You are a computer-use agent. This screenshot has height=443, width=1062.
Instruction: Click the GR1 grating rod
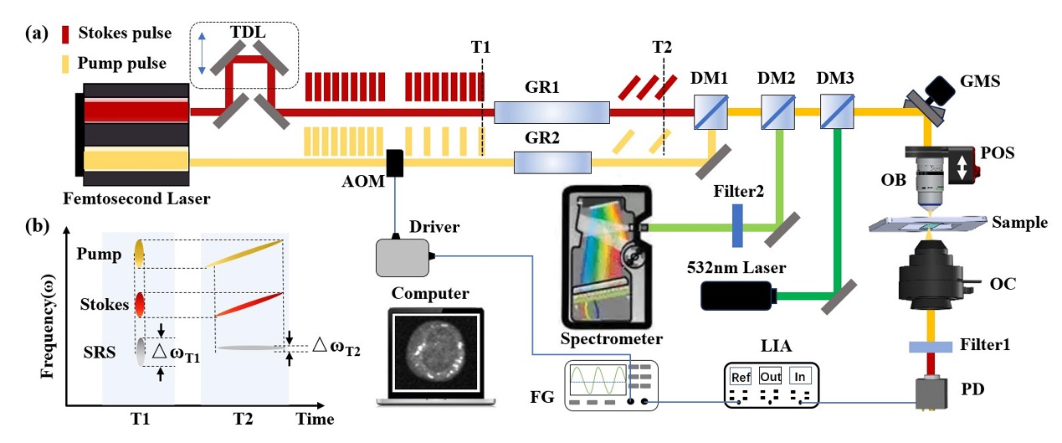coord(552,111)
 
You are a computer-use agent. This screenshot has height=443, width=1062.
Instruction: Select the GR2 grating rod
coord(552,161)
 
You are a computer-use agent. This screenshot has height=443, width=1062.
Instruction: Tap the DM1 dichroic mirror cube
coord(710,111)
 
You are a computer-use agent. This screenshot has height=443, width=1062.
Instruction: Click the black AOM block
coord(396,162)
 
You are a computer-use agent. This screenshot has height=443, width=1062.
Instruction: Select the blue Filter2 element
coord(738,226)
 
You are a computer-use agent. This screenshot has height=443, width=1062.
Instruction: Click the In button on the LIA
coord(799,376)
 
